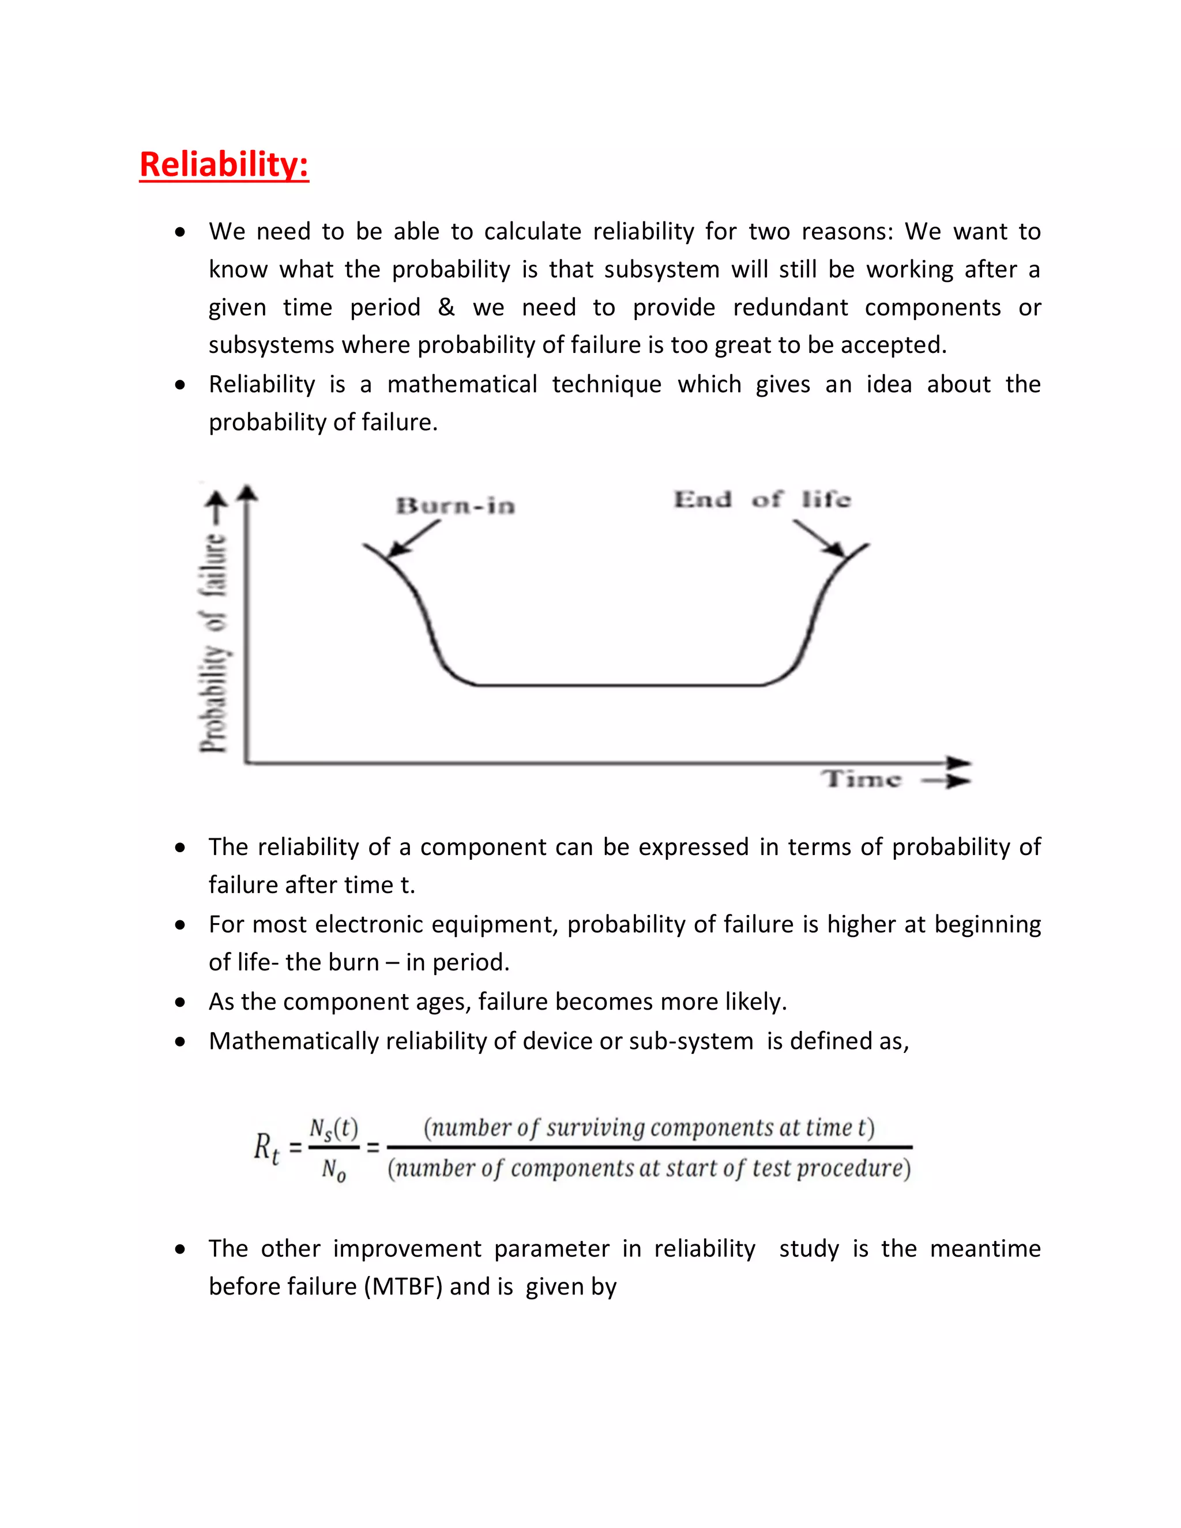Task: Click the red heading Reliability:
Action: pos(224,165)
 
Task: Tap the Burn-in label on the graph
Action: pos(456,506)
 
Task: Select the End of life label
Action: pos(762,499)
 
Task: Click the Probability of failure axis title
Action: pos(214,640)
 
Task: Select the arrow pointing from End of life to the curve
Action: pos(819,539)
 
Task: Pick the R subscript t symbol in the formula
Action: pos(266,1148)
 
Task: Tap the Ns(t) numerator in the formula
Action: pos(334,1128)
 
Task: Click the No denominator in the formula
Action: pos(334,1169)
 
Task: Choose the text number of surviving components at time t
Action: pos(649,1127)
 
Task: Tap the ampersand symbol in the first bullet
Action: pos(446,307)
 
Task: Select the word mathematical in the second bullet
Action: pos(462,384)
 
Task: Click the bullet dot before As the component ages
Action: pos(180,1002)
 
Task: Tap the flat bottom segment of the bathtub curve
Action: pos(619,685)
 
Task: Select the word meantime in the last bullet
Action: pos(985,1248)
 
